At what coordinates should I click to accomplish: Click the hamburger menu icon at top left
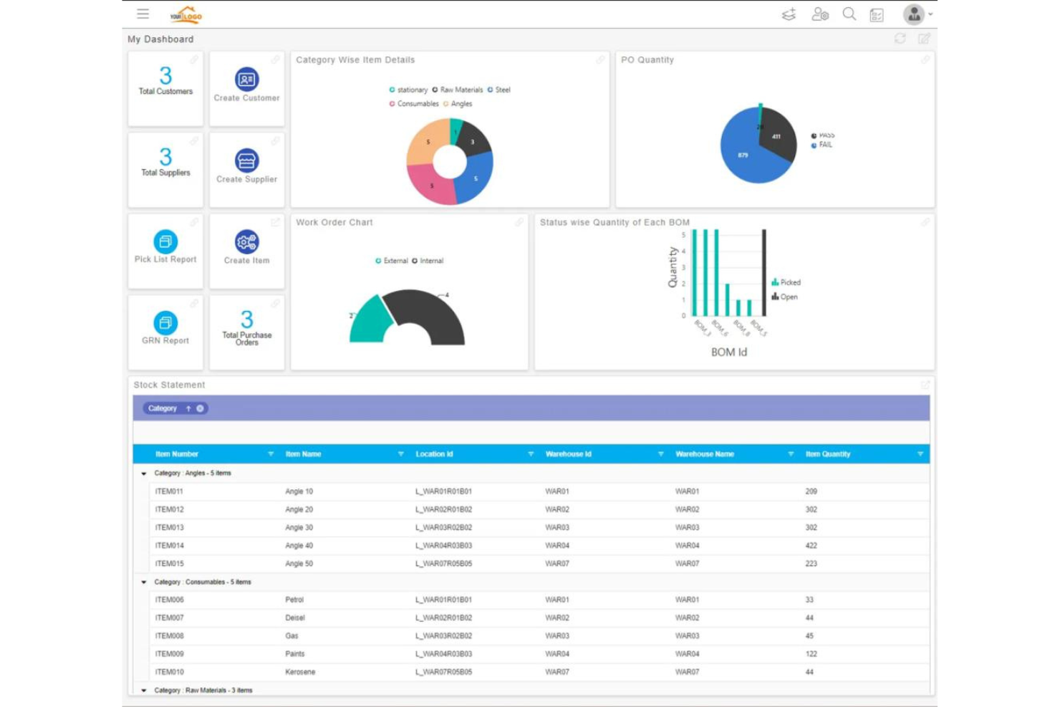143,14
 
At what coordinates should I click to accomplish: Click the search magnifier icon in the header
849,14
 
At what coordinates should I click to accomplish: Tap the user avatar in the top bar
913,14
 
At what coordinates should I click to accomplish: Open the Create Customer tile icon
246,80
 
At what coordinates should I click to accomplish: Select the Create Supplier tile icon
246,160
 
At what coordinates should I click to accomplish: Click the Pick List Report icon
165,241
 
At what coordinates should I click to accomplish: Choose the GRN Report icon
165,323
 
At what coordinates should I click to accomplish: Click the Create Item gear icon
246,242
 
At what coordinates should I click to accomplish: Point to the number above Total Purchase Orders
246,319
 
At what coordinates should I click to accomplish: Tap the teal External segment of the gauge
369,322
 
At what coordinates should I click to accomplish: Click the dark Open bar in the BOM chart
764,272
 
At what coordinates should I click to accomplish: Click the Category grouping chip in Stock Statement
163,408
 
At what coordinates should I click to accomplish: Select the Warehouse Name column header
705,454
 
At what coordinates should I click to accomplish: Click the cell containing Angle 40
299,546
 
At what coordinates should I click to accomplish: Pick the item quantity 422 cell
811,546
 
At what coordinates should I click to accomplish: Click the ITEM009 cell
170,654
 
